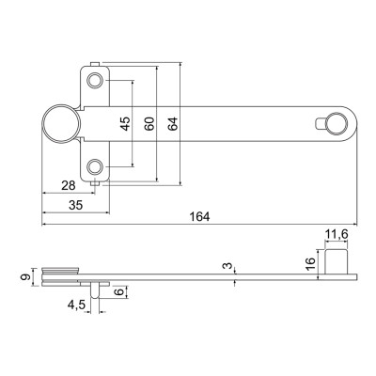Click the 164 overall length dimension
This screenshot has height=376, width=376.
pos(200,217)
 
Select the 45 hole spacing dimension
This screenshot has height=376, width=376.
pos(125,123)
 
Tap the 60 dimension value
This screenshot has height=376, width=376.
pos(149,124)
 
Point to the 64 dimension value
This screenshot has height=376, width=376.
pos(173,124)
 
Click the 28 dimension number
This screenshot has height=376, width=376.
pos(69,185)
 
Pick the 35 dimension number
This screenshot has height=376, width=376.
pos(76,206)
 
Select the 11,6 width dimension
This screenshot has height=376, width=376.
pos(337,234)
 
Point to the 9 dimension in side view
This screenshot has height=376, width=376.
pos(25,277)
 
